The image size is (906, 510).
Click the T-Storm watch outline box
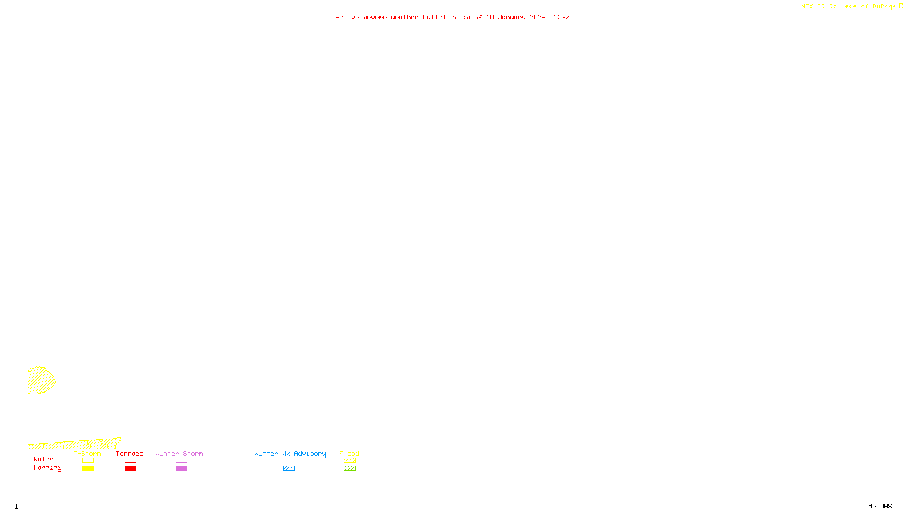(88, 461)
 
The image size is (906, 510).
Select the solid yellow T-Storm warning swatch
(88, 469)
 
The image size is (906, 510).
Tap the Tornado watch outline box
(130, 461)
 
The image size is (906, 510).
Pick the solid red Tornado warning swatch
(130, 469)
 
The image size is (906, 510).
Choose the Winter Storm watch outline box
(181, 461)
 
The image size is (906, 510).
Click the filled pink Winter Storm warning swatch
(181, 469)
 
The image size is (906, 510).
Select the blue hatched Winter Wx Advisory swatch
(289, 469)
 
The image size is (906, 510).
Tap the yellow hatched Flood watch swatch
(349, 461)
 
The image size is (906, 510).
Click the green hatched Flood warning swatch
(349, 469)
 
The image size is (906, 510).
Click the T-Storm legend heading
(87, 453)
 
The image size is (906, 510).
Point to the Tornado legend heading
(130, 453)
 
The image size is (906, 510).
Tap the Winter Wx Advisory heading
(290, 453)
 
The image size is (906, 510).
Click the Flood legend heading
(349, 453)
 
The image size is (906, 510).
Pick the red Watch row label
(44, 460)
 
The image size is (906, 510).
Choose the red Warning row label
(47, 468)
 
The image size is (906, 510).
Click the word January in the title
(512, 17)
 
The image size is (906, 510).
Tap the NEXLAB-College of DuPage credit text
(848, 7)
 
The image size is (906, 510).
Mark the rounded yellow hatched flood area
(40, 380)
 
